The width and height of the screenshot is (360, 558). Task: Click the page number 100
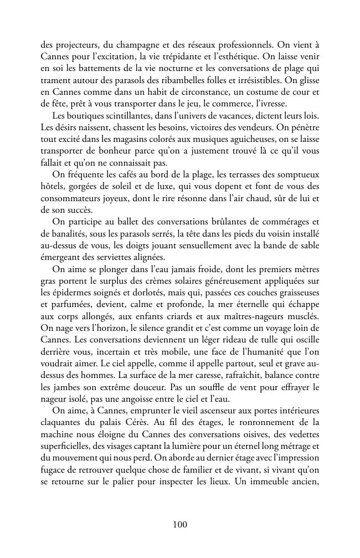[180, 524]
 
